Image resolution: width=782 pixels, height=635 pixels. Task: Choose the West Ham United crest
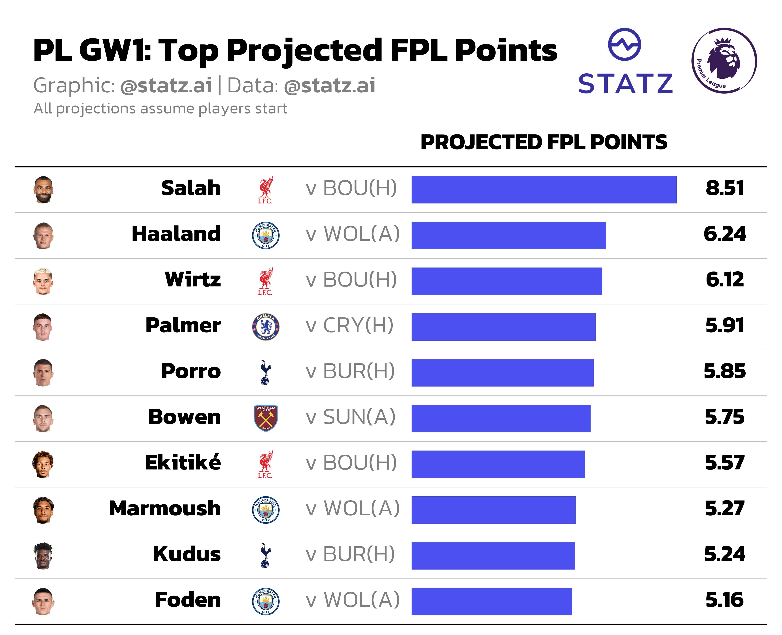266,418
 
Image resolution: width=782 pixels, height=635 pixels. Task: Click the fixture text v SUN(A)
351,417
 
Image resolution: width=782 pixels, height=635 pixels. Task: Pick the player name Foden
188,600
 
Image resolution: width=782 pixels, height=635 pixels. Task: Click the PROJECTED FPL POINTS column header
544,142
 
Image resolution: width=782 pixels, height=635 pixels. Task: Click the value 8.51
725,188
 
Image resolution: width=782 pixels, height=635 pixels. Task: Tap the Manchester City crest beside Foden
266,601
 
